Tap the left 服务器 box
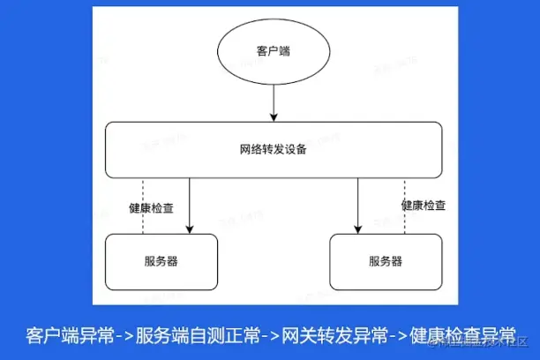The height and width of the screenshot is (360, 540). click(161, 261)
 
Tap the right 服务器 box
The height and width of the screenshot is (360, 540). click(386, 261)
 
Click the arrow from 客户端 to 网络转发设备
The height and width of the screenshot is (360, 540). click(274, 102)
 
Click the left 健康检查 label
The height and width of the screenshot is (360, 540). click(151, 209)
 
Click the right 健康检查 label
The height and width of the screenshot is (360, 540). click(424, 206)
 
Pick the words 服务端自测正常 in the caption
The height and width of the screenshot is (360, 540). click(199, 335)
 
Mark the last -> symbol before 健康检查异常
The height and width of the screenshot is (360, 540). click(400, 336)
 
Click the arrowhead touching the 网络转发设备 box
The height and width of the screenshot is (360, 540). click(274, 118)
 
